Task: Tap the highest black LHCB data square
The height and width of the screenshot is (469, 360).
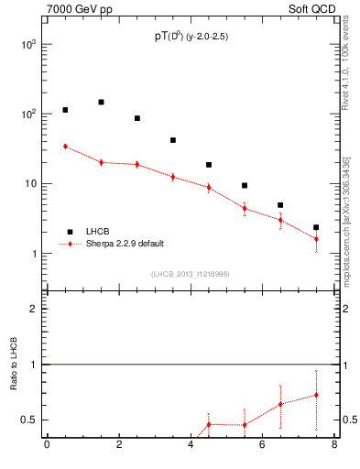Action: click(x=101, y=102)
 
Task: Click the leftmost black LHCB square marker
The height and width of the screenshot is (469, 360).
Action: click(x=65, y=110)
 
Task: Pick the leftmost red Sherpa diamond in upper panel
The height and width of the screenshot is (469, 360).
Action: click(x=65, y=146)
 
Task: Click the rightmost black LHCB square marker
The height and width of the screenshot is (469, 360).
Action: click(x=316, y=227)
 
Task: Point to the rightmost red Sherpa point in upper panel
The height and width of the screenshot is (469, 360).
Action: click(x=316, y=239)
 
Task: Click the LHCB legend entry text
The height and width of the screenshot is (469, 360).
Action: click(x=98, y=232)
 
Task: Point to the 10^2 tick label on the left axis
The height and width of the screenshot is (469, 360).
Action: click(x=27, y=114)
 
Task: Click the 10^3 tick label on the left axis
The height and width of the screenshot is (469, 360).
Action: click(x=27, y=44)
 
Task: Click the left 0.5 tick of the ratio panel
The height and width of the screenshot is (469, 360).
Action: click(x=29, y=420)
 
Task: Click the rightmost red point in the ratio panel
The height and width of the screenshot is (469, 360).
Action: click(x=316, y=395)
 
